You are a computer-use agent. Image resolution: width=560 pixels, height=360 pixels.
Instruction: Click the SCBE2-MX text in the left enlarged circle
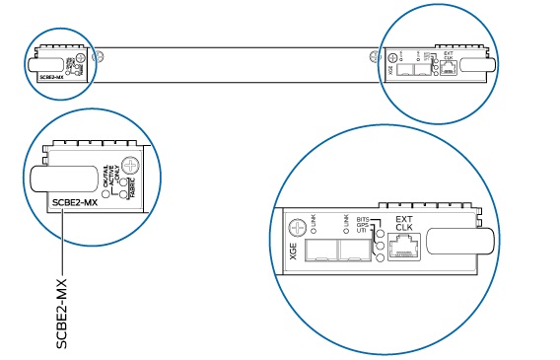74,204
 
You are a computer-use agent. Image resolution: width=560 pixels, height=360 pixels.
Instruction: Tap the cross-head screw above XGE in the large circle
293,227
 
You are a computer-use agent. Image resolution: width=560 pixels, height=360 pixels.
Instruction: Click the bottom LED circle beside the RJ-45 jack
380,258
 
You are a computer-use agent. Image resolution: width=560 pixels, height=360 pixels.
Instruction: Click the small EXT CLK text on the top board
449,56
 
